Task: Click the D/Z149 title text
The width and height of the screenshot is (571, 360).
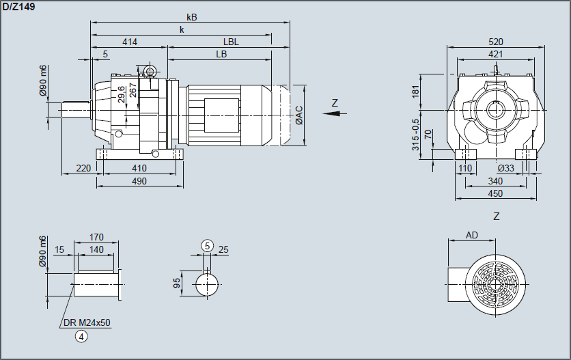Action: tap(19, 6)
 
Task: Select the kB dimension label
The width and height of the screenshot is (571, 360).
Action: tap(191, 17)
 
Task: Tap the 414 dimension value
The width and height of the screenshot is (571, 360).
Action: tap(130, 42)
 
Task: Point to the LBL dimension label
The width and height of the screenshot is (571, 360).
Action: tap(231, 42)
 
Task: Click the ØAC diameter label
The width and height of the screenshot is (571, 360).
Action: tap(299, 115)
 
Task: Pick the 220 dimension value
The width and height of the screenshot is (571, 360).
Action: tap(83, 168)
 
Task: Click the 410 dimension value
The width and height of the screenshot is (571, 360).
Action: tap(139, 168)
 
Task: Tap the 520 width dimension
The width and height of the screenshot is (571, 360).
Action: tap(497, 42)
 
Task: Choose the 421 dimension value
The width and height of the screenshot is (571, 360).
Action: tap(497, 54)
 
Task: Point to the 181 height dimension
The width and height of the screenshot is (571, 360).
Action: tap(417, 92)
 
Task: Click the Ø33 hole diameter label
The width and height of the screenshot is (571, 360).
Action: tap(505, 168)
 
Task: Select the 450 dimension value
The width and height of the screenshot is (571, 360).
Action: tap(496, 193)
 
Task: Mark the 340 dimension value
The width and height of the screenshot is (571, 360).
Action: tap(496, 181)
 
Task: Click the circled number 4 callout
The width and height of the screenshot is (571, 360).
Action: tap(82, 335)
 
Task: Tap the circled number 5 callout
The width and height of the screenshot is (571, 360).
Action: tap(208, 245)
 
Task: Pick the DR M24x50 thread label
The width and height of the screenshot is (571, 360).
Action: tap(86, 322)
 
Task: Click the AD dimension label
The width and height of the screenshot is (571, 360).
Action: tap(472, 235)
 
